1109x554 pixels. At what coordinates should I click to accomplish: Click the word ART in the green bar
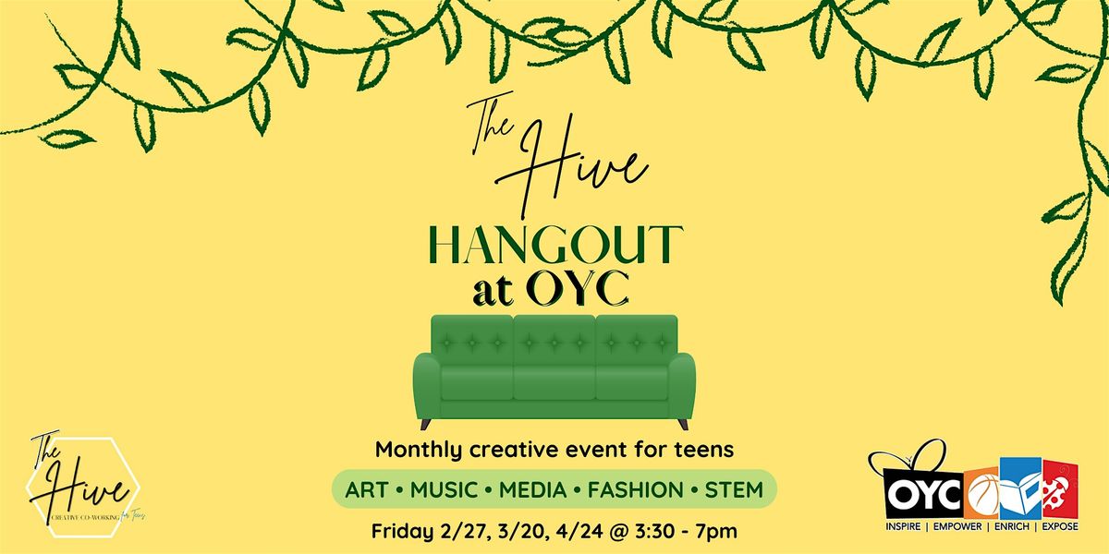pos(365,489)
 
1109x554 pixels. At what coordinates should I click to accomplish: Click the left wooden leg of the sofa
pos(426,423)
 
